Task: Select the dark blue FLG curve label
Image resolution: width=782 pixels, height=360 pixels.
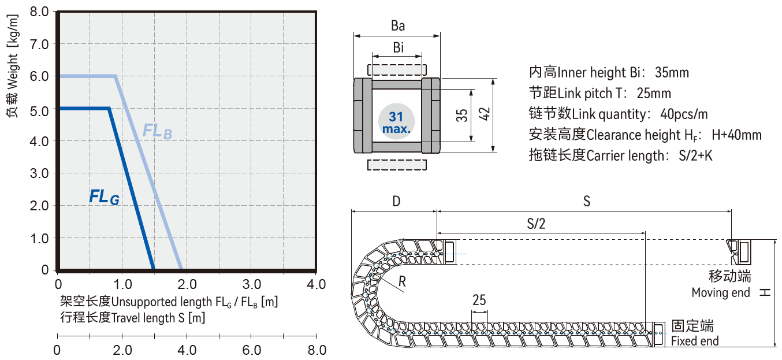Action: (x=104, y=197)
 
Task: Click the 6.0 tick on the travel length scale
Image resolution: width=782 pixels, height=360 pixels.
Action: (x=252, y=350)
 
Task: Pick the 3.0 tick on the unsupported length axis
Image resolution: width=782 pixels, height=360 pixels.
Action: (x=252, y=284)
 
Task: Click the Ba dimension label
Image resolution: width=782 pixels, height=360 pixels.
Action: (x=397, y=26)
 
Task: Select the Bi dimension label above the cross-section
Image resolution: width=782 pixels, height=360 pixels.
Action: (x=398, y=47)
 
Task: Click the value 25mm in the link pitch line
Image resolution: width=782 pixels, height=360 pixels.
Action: (x=654, y=94)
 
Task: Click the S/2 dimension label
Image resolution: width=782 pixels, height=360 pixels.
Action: (x=536, y=224)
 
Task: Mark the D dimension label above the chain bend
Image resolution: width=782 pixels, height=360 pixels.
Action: (x=396, y=202)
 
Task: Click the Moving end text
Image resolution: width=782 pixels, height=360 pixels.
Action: (x=721, y=292)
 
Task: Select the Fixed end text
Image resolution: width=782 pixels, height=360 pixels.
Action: (x=695, y=341)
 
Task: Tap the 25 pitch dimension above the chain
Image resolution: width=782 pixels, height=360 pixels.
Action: (x=479, y=300)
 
